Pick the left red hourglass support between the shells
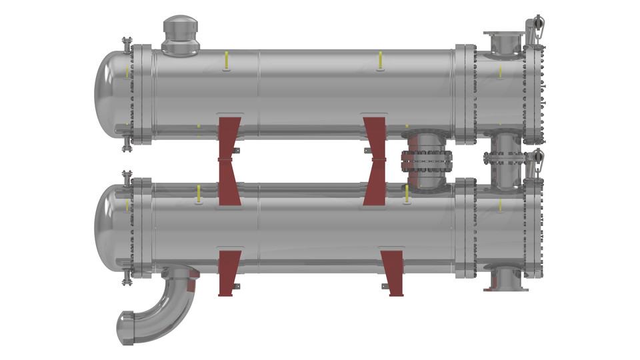pyautogui.click(x=229, y=160)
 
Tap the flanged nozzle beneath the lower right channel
pyautogui.click(x=506, y=278)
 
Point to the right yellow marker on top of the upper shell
pyautogui.click(x=380, y=60)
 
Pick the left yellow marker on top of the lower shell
pyautogui.click(x=198, y=195)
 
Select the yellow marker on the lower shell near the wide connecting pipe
pyautogui.click(x=406, y=194)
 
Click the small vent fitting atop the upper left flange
pyautogui.click(x=126, y=44)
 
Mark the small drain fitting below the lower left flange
pyautogui.click(x=126, y=279)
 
